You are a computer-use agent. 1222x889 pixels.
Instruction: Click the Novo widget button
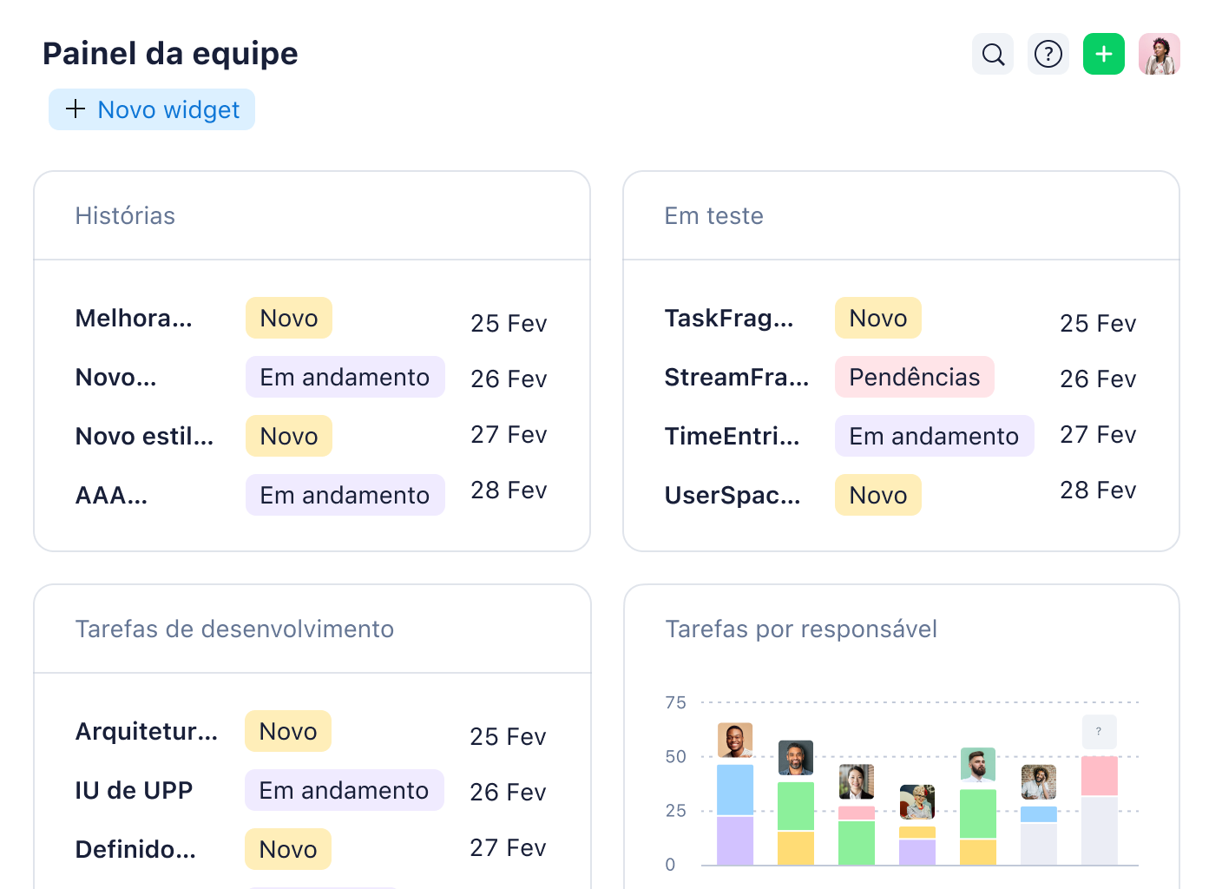click(x=152, y=109)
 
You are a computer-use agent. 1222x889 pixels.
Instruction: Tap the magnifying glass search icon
click(x=993, y=54)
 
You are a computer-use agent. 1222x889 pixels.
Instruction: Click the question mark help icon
click(x=1048, y=54)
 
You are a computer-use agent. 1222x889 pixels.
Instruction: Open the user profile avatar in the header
click(x=1160, y=54)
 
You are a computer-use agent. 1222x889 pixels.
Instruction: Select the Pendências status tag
click(x=914, y=377)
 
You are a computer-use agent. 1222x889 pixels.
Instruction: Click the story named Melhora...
click(x=134, y=318)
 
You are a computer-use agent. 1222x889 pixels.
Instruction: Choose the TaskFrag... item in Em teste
click(x=729, y=318)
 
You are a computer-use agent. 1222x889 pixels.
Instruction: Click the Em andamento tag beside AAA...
click(x=345, y=495)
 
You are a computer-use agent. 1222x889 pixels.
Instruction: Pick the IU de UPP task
click(x=134, y=790)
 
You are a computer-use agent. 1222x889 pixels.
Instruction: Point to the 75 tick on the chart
click(x=675, y=702)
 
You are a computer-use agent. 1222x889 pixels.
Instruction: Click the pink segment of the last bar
click(x=1099, y=775)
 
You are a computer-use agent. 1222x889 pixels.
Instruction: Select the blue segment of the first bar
click(x=734, y=789)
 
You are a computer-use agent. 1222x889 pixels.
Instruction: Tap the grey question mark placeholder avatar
click(x=1099, y=732)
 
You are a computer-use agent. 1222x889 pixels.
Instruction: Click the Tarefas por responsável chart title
click(x=800, y=629)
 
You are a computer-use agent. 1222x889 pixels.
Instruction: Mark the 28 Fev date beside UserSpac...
click(x=1097, y=491)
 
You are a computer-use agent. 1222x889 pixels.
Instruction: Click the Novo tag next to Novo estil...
click(x=289, y=436)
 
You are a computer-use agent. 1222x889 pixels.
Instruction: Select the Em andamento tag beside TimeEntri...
click(x=934, y=436)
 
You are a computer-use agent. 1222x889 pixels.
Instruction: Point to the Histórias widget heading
click(x=125, y=215)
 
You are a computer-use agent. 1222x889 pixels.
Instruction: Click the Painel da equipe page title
click(x=170, y=54)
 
